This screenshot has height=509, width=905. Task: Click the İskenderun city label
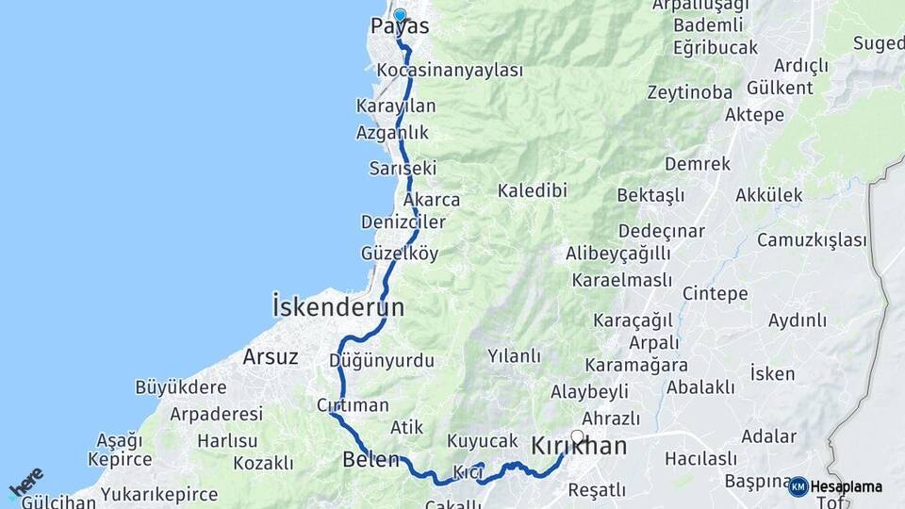coord(337,307)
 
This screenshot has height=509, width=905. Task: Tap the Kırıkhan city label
coord(579,447)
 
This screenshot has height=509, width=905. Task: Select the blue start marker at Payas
coord(400,15)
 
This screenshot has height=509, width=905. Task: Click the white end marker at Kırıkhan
coord(577,436)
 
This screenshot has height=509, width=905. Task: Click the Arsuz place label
coord(271,357)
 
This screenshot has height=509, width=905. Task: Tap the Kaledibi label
coord(533,190)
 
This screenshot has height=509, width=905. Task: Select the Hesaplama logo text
coord(846,486)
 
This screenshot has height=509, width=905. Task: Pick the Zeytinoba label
coord(689,92)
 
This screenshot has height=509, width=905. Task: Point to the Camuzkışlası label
coord(812,239)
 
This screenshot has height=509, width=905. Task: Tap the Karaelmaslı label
coord(621,280)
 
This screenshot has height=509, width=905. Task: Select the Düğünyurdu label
coord(382,360)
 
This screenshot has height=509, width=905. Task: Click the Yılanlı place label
coord(514,356)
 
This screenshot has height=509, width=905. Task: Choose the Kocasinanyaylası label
coord(449,71)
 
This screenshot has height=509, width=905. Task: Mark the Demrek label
coord(698,164)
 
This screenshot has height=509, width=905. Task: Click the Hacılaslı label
coord(700,459)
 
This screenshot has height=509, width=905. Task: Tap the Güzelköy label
coord(400,254)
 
